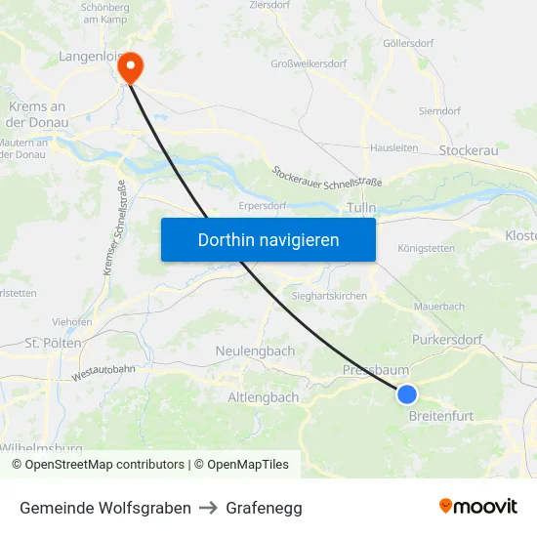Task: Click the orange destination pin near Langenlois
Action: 129,66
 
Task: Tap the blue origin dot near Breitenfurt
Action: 407,394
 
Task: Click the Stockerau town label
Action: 469,150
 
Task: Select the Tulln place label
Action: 360,208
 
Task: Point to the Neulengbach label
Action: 255,351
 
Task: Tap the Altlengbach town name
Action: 264,397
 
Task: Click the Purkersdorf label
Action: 447,340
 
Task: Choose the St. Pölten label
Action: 54,344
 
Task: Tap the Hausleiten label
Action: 394,148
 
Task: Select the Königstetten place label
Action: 427,248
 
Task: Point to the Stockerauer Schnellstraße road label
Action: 326,177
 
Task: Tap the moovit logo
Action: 478,507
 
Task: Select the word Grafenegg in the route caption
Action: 264,508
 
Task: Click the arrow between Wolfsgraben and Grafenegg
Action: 209,508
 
